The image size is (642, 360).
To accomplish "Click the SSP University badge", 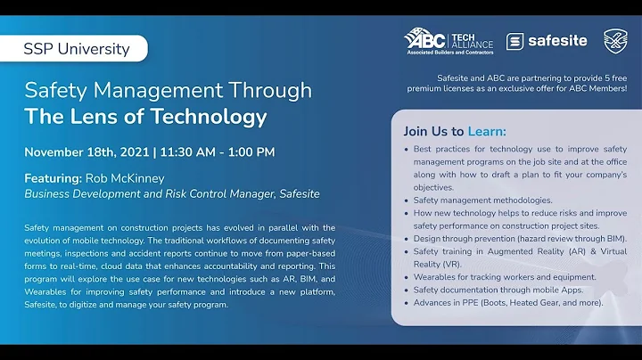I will click(77, 48).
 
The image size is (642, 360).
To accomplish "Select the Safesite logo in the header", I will click(546, 41).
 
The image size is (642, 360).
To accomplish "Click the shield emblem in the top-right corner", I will click(615, 40).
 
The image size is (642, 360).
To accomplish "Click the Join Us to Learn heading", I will click(454, 130).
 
